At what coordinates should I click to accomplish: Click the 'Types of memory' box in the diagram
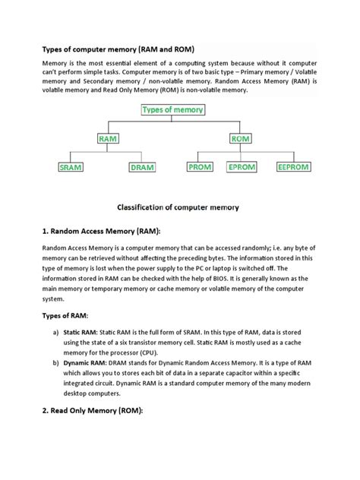click(x=172, y=110)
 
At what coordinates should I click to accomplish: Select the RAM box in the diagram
click(x=108, y=138)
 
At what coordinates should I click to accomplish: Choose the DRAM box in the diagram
click(x=141, y=167)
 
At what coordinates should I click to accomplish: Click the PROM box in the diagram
click(x=200, y=167)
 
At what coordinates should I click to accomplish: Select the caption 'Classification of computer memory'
click(x=178, y=207)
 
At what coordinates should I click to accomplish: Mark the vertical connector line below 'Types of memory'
click(x=172, y=120)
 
